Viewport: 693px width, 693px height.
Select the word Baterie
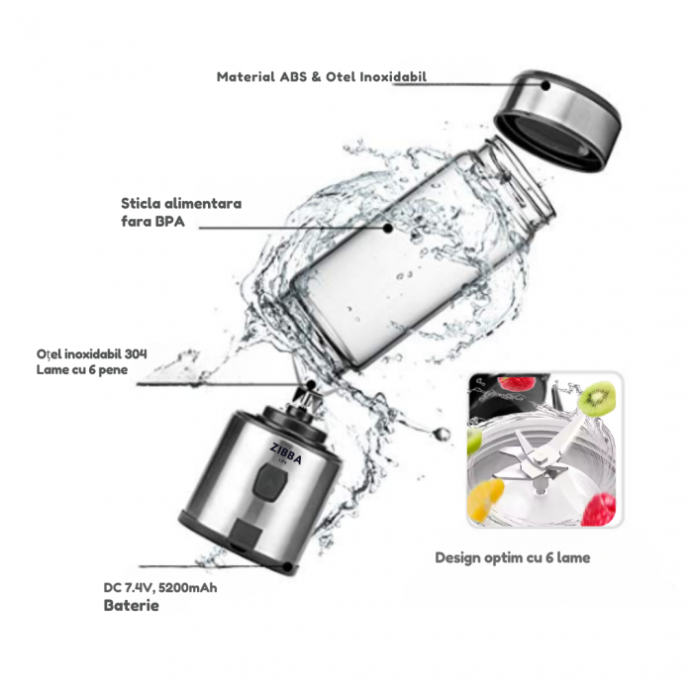coord(131,605)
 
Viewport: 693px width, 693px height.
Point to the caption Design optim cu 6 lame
coord(512,557)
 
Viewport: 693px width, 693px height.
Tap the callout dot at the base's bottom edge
coord(287,566)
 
